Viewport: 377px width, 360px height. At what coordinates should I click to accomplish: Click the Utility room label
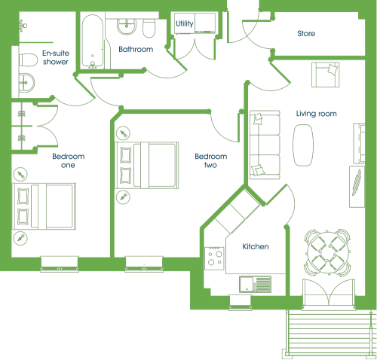tap(185, 24)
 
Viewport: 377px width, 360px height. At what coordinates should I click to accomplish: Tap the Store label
tap(306, 33)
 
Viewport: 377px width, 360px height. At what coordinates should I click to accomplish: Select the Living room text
tap(317, 114)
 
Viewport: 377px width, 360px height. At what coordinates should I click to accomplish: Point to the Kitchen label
tap(256, 246)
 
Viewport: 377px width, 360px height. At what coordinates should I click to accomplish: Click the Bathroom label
tap(136, 49)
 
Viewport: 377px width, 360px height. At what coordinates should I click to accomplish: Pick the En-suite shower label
tap(56, 57)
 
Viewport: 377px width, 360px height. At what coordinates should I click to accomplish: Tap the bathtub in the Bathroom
tap(93, 41)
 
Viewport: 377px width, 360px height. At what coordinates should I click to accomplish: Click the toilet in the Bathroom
tap(149, 28)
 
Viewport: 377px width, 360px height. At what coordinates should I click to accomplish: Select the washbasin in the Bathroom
tap(127, 26)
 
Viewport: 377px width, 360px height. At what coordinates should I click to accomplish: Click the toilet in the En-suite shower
tap(28, 60)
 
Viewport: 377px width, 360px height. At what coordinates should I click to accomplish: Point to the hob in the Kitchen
tap(214, 258)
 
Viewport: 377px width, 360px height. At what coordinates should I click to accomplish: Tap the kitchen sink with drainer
tap(256, 284)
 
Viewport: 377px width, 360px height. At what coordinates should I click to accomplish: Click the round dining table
tap(327, 252)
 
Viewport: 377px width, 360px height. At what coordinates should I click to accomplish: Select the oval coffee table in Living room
tap(303, 145)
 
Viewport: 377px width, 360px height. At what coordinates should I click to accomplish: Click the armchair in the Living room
tap(326, 75)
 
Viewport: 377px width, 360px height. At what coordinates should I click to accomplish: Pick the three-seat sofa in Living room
tap(265, 145)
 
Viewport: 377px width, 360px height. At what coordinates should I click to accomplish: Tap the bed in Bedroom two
tap(147, 165)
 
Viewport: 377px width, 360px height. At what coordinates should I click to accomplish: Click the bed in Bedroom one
tap(44, 206)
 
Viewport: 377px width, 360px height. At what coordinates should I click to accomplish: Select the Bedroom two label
tap(211, 160)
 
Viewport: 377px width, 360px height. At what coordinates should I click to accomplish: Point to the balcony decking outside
tap(329, 332)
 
